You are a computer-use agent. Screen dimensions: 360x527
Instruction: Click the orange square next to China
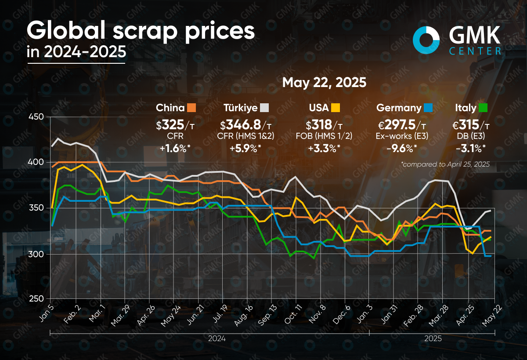[x=191, y=108]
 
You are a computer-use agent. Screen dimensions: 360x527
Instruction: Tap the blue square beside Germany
[x=428, y=108]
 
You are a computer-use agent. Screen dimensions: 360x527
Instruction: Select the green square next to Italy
[x=483, y=108]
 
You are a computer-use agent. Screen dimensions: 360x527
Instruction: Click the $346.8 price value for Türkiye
[x=242, y=125]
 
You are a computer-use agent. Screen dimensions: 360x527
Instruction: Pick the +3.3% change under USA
[x=324, y=149]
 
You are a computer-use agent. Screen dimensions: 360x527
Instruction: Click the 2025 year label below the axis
[x=433, y=339]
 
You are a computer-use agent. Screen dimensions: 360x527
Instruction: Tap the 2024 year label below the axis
[x=217, y=339]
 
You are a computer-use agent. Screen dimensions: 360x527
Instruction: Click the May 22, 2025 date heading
[x=324, y=82]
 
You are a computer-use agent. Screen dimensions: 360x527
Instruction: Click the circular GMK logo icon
[x=426, y=39]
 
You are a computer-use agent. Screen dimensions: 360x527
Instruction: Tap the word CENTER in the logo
[x=475, y=51]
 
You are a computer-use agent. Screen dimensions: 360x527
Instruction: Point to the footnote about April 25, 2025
[x=445, y=164]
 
